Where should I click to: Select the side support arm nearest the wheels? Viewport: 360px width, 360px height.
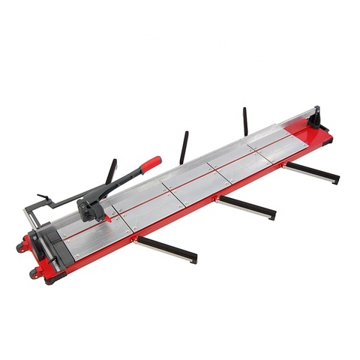click(x=168, y=250)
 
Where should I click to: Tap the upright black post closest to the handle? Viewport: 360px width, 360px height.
click(x=112, y=172)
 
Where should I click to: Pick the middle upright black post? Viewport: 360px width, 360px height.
click(x=183, y=147)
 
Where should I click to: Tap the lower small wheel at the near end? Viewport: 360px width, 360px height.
click(x=34, y=273)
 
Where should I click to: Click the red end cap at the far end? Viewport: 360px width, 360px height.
click(x=325, y=135)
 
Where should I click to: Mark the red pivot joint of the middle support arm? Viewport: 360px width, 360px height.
click(x=218, y=199)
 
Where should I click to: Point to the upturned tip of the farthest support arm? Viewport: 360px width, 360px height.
click(x=336, y=180)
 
